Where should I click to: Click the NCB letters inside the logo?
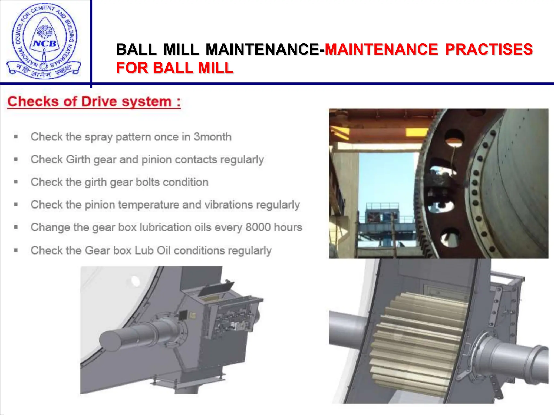pyautogui.click(x=45, y=43)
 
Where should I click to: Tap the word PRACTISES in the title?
pyautogui.click(x=489, y=49)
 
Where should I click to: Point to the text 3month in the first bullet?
pyautogui.click(x=213, y=137)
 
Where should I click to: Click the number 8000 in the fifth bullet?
pyautogui.click(x=258, y=227)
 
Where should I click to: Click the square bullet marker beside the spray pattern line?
pyautogui.click(x=16, y=137)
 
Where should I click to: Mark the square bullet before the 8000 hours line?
pyautogui.click(x=16, y=227)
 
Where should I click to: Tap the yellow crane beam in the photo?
pyautogui.click(x=417, y=132)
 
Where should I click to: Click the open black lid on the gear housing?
pyautogui.click(x=216, y=288)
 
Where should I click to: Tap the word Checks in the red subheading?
pyautogui.click(x=33, y=102)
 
